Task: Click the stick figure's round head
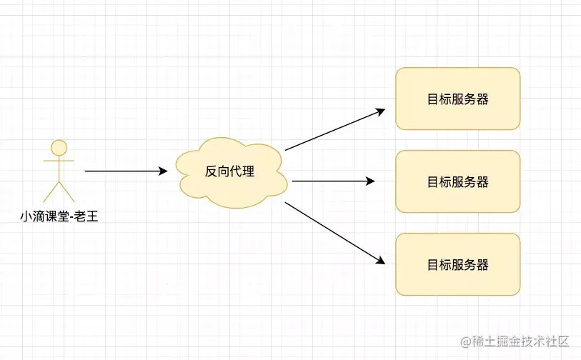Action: click(59, 148)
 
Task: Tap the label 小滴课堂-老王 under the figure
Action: click(59, 214)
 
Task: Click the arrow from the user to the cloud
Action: click(125, 171)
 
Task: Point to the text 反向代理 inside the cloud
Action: click(230, 172)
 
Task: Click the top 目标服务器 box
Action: click(457, 99)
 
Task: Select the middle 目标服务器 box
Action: click(457, 181)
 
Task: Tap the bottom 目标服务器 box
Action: click(457, 264)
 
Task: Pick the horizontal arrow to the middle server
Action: click(332, 181)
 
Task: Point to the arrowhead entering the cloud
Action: click(163, 171)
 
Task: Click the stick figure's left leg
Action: click(51, 191)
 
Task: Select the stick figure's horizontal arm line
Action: click(59, 161)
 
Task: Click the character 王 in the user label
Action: click(91, 214)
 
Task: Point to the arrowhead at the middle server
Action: click(370, 181)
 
